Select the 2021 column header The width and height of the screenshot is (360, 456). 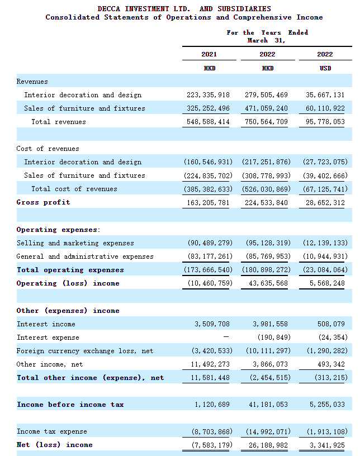click(x=209, y=54)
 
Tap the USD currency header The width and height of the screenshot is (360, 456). click(x=325, y=68)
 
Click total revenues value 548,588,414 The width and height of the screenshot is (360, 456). click(x=207, y=122)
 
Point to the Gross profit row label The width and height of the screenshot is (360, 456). click(x=43, y=202)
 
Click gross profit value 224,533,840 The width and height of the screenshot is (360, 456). click(x=267, y=202)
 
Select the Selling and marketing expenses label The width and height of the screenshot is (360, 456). click(x=75, y=243)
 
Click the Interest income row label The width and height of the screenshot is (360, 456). click(x=46, y=324)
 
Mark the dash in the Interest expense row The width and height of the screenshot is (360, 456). click(x=226, y=338)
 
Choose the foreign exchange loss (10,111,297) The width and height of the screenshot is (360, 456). click(x=266, y=351)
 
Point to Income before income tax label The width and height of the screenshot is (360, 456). click(x=70, y=405)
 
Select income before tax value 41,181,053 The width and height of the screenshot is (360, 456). click(x=267, y=405)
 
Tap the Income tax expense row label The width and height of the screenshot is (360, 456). click(x=52, y=431)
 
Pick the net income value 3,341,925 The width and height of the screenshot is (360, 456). click(x=326, y=445)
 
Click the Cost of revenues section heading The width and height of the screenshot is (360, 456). click(x=48, y=149)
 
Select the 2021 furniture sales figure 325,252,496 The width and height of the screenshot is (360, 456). click(x=207, y=108)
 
